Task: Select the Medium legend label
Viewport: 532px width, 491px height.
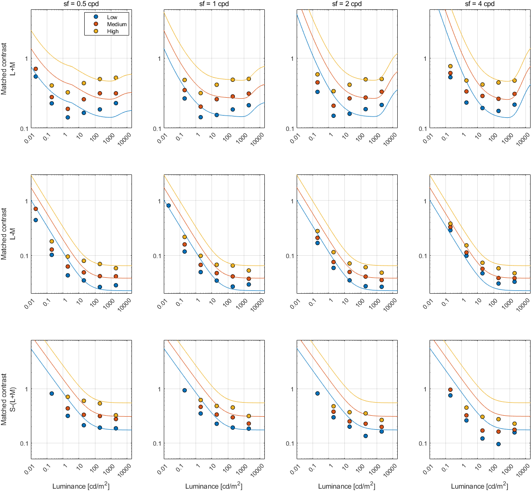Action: pyautogui.click(x=117, y=24)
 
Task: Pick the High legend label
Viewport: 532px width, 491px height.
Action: pyautogui.click(x=112, y=31)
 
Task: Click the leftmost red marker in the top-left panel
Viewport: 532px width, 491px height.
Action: pyautogui.click(x=36, y=69)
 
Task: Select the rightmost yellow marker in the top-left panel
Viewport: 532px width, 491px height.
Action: pyautogui.click(x=116, y=78)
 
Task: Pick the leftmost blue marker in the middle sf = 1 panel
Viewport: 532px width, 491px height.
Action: pyautogui.click(x=168, y=205)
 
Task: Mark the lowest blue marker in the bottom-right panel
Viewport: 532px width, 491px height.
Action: pyautogui.click(x=499, y=444)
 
